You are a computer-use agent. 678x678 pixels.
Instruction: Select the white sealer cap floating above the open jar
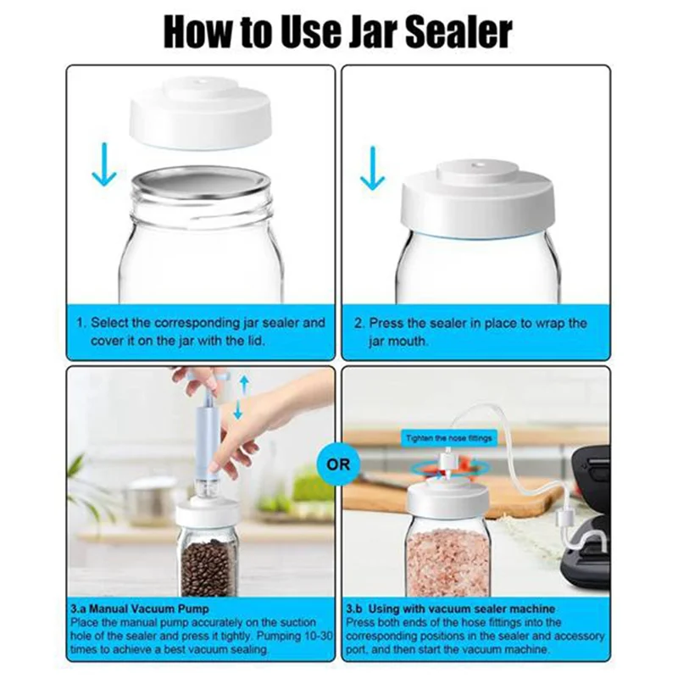[200, 114]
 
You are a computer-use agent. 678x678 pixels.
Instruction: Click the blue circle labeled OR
[338, 464]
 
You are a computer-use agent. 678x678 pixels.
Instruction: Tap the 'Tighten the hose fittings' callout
[448, 437]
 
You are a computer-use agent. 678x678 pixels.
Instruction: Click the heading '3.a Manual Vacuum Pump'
[140, 609]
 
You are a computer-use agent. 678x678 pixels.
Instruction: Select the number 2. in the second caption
[358, 323]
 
